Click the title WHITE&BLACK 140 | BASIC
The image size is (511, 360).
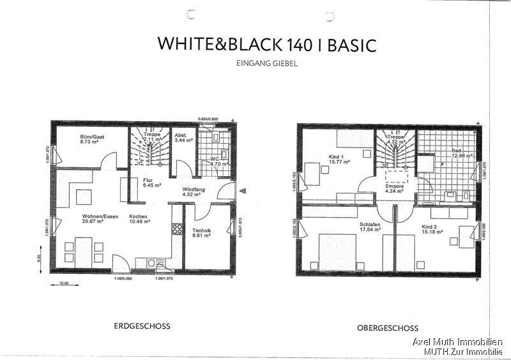pos(266,44)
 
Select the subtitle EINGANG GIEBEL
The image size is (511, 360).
pos(266,63)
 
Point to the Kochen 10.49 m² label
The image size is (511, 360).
pos(139,220)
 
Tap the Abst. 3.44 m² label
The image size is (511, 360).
pos(181,138)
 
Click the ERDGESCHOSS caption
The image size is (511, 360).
pos(142,326)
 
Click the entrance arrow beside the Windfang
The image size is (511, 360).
pos(241,190)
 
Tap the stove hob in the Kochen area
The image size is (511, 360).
pos(177,229)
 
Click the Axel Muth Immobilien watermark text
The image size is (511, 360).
pos(457,342)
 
